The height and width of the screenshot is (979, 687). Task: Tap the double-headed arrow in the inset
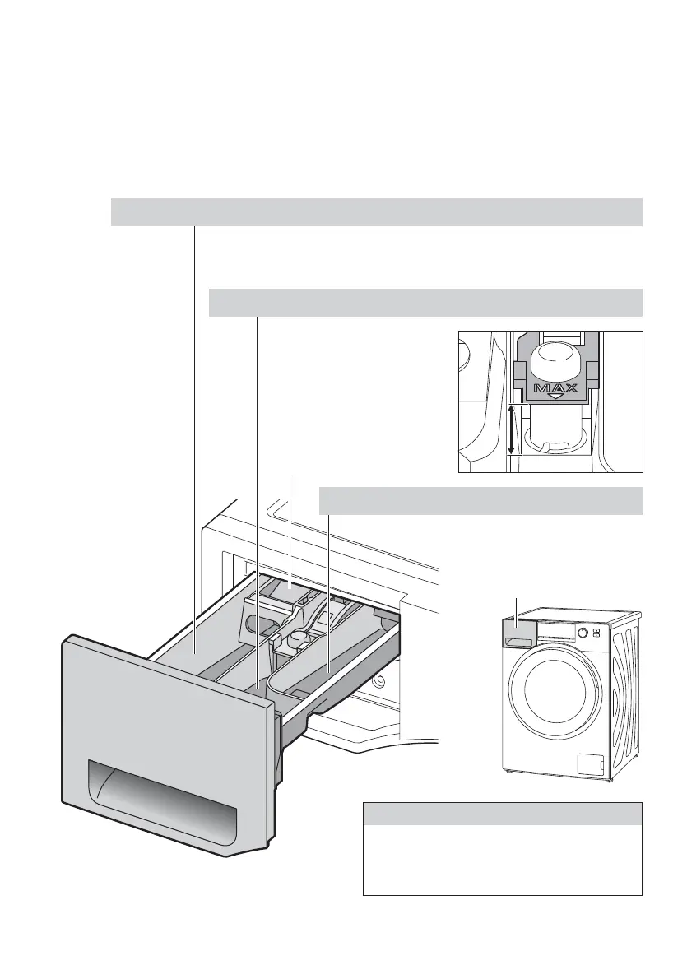tap(512, 429)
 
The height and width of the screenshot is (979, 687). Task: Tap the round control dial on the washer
tap(583, 633)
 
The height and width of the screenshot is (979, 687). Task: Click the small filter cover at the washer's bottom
tap(591, 764)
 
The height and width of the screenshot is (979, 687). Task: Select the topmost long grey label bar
tap(376, 211)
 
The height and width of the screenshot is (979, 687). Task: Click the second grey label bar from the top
tap(425, 303)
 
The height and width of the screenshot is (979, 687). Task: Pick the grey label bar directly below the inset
tap(480, 499)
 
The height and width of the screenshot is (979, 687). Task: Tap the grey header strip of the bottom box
tap(502, 814)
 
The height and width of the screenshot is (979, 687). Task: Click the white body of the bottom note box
tap(502, 860)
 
